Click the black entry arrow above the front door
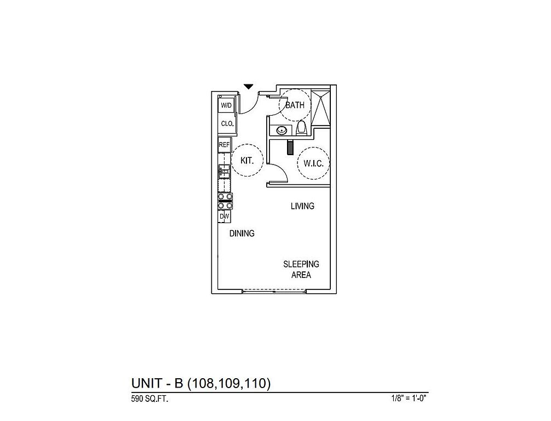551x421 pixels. click(x=249, y=87)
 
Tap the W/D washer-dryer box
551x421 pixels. click(x=226, y=105)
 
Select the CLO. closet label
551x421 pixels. click(x=227, y=124)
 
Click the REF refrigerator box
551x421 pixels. click(x=224, y=145)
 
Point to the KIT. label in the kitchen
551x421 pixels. click(x=246, y=161)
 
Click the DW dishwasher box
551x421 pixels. click(x=224, y=217)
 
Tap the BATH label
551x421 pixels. click(x=295, y=105)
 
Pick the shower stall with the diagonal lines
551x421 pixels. click(x=321, y=108)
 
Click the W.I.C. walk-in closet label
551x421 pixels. click(x=313, y=163)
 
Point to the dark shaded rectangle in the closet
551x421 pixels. click(x=290, y=147)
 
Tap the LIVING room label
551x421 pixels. click(x=302, y=206)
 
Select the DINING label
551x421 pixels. click(x=242, y=234)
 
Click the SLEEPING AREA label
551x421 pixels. click(x=301, y=269)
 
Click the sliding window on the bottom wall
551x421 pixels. click(x=274, y=291)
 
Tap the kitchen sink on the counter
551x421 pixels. click(x=224, y=172)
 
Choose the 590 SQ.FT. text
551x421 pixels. click(x=150, y=399)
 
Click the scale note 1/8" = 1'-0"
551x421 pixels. click(x=409, y=399)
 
